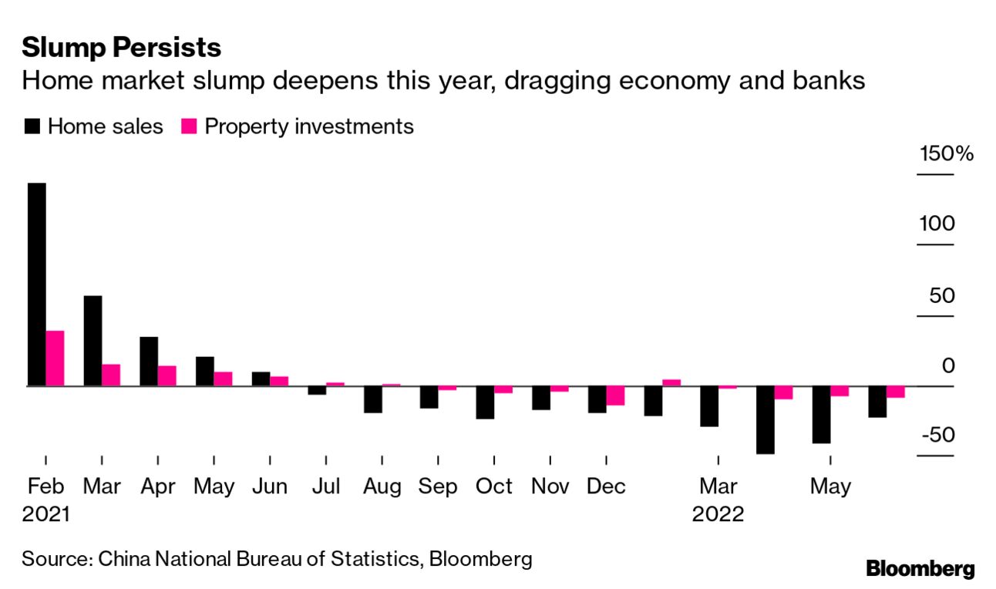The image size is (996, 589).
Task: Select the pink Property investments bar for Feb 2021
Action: point(55,358)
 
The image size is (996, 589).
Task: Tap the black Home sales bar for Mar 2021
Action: point(93,340)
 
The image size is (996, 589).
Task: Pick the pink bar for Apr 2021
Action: point(167,375)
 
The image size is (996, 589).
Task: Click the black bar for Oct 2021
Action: point(485,402)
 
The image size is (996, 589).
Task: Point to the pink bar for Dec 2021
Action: point(615,395)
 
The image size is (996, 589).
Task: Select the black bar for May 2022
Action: point(821,415)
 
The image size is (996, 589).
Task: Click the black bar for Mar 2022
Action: point(709,406)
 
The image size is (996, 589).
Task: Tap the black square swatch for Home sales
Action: point(32,126)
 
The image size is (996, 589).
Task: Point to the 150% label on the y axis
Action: point(947,153)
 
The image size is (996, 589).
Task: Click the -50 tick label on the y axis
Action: point(937,435)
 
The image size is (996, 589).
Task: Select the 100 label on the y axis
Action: point(937,224)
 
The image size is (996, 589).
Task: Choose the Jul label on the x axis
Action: point(326,486)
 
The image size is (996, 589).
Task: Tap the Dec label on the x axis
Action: point(606,486)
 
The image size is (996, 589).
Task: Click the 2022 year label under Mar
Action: point(718,514)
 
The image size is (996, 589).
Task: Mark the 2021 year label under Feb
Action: point(45,514)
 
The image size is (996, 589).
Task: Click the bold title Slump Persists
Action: point(121,48)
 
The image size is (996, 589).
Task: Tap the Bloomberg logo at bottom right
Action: point(920,569)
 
